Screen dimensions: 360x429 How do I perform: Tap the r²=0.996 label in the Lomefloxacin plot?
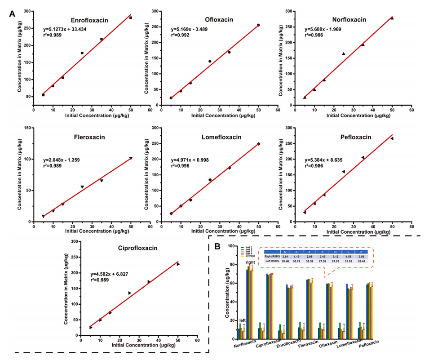[181, 166]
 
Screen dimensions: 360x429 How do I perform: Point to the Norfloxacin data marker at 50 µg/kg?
[392, 18]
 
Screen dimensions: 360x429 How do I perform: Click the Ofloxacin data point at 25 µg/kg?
[210, 61]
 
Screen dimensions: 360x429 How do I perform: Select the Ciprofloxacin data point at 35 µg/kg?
[149, 282]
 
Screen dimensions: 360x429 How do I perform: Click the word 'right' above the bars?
[251, 262]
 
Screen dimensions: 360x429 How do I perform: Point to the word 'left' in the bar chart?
[243, 320]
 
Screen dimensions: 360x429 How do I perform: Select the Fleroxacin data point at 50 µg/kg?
[131, 158]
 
